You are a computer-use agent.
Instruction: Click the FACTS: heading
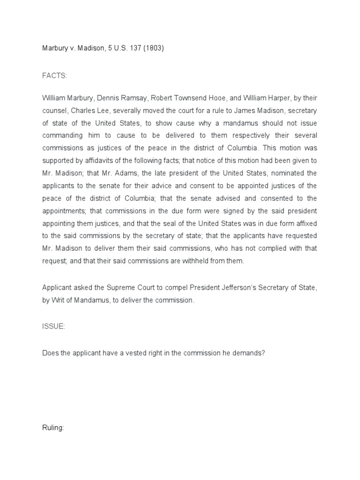[x=53, y=75]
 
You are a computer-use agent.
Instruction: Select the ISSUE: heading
[x=53, y=327]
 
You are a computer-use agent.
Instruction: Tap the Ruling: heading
[x=52, y=428]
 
